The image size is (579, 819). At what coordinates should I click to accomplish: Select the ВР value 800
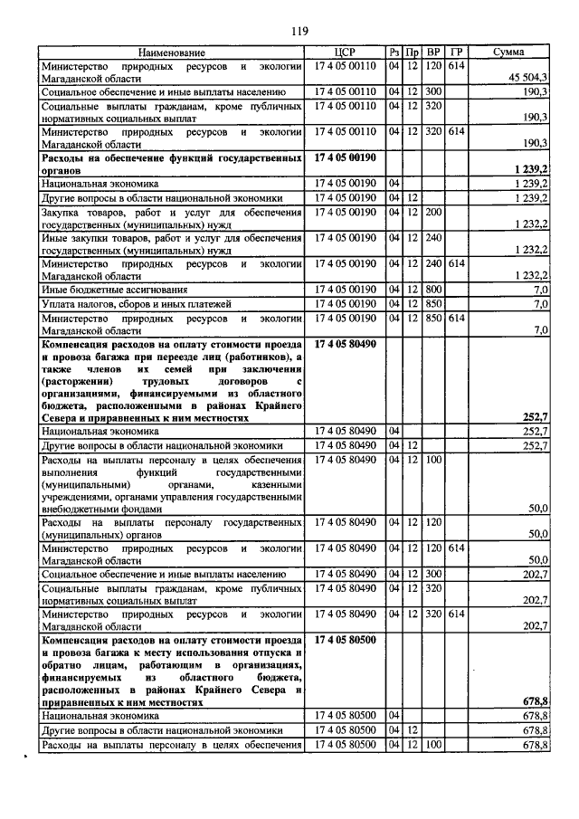(x=433, y=290)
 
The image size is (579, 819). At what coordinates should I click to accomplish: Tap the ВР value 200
(x=433, y=212)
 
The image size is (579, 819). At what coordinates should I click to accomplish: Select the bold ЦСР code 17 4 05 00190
(x=346, y=157)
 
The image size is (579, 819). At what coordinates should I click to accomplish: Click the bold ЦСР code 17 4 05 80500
(x=346, y=639)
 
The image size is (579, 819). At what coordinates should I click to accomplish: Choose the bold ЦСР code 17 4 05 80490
(x=346, y=345)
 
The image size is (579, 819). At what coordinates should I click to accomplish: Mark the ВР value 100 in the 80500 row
(x=433, y=745)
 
